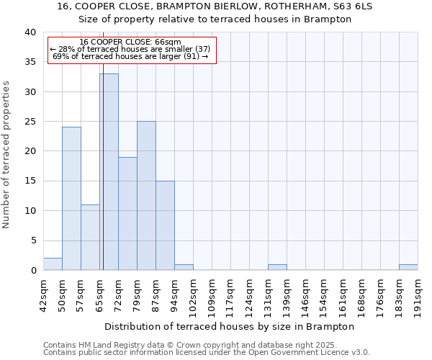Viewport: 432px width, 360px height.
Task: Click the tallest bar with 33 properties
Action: [x=109, y=172]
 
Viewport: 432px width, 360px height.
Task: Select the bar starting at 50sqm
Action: [x=71, y=199]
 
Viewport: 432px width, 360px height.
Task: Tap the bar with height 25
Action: [x=146, y=196]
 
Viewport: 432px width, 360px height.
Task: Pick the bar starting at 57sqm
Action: [x=90, y=238]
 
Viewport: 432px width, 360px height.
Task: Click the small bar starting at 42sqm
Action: [x=53, y=264]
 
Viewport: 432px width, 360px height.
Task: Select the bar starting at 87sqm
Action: [x=165, y=225]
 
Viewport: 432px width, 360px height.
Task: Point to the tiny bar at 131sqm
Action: [x=277, y=267]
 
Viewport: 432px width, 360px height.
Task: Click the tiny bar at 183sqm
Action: [x=408, y=267]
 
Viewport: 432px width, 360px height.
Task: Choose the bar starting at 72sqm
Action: [x=127, y=214]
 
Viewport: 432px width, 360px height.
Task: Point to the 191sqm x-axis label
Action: [x=418, y=293]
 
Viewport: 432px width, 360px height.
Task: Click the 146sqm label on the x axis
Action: [x=306, y=293]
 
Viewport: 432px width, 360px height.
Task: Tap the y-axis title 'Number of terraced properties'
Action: [x=6, y=154]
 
